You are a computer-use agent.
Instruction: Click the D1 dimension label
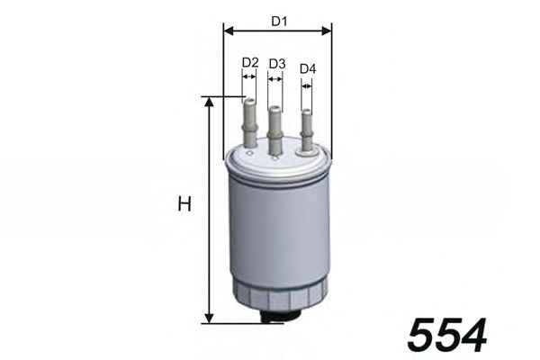(279, 22)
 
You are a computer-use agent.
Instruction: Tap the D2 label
(250, 63)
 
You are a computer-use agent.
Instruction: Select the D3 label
(277, 64)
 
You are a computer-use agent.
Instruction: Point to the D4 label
(308, 69)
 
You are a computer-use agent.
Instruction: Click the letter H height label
(184, 203)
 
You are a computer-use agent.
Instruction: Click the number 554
(446, 335)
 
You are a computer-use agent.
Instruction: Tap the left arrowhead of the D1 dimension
(229, 31)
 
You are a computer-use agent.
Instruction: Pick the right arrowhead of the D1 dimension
(327, 31)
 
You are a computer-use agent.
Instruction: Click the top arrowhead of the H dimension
(209, 102)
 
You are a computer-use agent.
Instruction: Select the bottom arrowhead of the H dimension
(209, 319)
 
